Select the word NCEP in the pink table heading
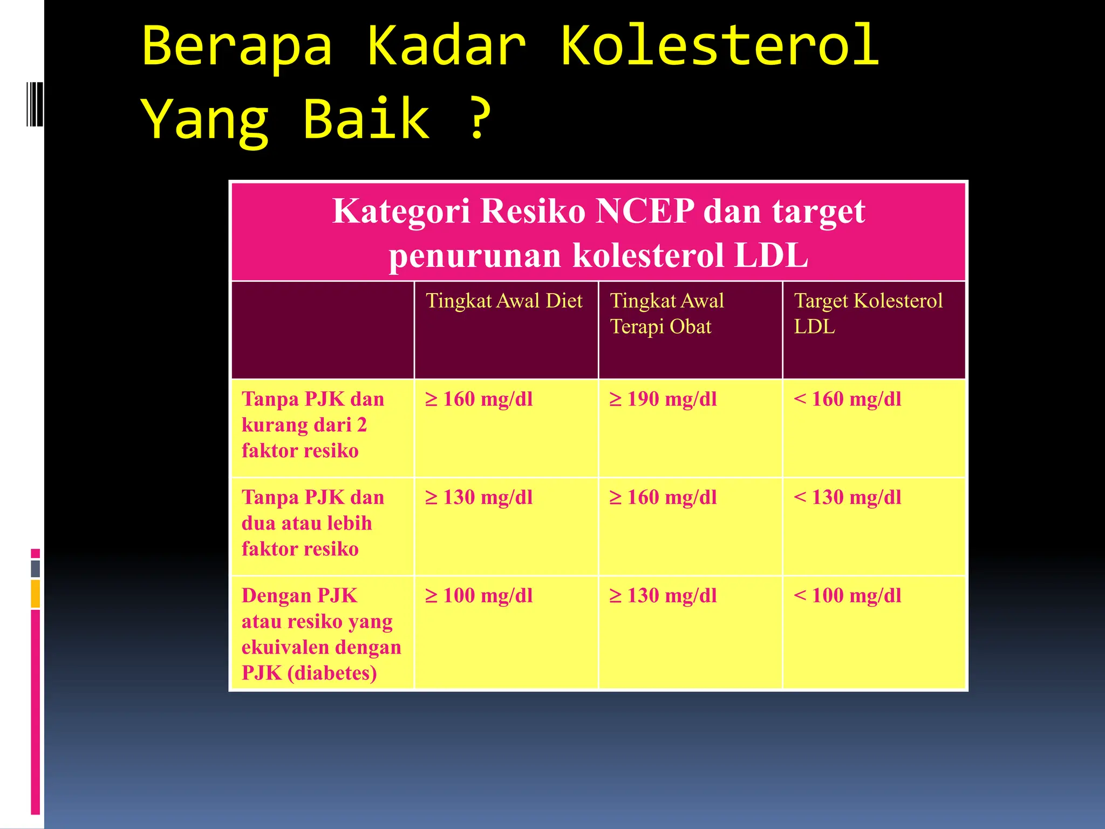pos(645,211)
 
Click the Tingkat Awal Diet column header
pos(504,301)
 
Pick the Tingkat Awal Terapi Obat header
pos(667,314)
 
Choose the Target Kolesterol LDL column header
pos(868,314)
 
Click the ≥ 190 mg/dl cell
pos(663,399)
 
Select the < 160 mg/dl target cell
pos(848,399)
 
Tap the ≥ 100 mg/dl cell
pos(479,596)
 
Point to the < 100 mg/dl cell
pos(848,596)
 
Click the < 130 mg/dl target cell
pos(848,498)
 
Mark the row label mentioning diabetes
pos(321,634)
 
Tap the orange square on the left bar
pos(36,594)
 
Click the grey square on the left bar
pos(36,568)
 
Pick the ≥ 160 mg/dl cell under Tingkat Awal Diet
pos(479,399)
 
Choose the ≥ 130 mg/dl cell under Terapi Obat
pos(663,596)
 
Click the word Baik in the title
pos(367,119)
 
